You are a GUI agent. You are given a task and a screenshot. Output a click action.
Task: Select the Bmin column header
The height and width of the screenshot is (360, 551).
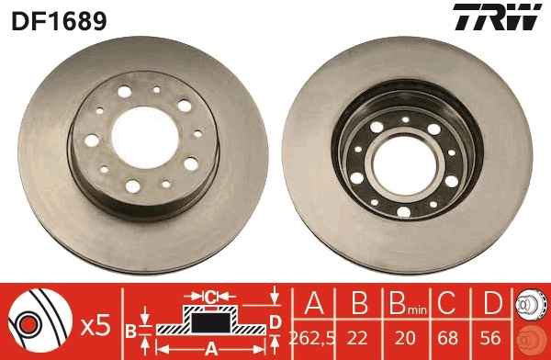(403, 304)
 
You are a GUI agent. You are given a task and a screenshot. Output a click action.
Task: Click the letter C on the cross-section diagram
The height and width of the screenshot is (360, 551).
(209, 297)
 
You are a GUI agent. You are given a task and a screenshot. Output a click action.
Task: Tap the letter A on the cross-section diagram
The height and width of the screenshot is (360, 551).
(209, 349)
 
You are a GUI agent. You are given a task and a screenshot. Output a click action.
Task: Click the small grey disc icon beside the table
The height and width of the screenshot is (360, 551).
(530, 302)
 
